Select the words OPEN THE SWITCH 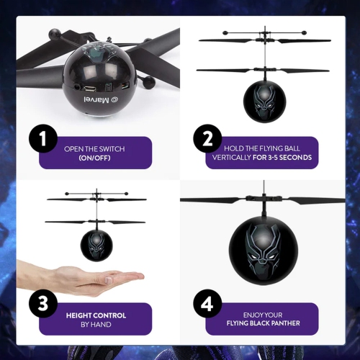pyautogui.click(x=94, y=149)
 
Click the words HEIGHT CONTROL pyautogui.click(x=96, y=315)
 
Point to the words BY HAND pyautogui.click(x=96, y=325)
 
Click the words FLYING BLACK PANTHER pyautogui.click(x=261, y=325)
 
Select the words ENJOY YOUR pyautogui.click(x=261, y=315)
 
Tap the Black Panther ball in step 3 pyautogui.click(x=96, y=246)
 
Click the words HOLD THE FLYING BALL pyautogui.click(x=261, y=149)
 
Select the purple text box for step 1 pyautogui.click(x=95, y=153)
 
